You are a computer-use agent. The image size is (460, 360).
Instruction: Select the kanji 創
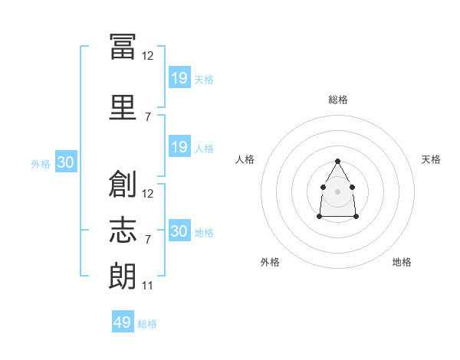(123, 184)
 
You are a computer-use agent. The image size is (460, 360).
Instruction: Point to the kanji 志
(123, 229)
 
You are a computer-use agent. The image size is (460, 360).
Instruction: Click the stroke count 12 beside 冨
(148, 56)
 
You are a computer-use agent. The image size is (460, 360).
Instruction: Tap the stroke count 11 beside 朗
(148, 286)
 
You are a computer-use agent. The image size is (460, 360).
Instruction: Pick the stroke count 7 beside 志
(148, 240)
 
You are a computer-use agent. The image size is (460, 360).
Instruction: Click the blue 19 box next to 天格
(179, 78)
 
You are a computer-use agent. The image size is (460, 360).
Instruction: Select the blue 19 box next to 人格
(179, 147)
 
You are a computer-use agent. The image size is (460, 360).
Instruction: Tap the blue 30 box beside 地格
(179, 231)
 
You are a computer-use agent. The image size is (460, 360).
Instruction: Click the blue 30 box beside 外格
(65, 163)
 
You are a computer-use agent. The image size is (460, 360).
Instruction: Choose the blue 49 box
(123, 322)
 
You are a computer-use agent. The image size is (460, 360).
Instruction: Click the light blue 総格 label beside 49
(148, 324)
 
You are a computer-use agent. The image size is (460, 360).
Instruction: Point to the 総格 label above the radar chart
(338, 100)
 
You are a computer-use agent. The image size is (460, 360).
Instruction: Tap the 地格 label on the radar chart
(402, 262)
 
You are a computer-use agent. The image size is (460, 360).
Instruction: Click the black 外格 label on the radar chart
(270, 262)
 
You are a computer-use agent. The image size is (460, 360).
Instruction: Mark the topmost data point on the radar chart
(337, 161)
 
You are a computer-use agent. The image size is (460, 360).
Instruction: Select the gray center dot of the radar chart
(337, 191)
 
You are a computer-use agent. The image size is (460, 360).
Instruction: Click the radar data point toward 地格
(356, 217)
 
